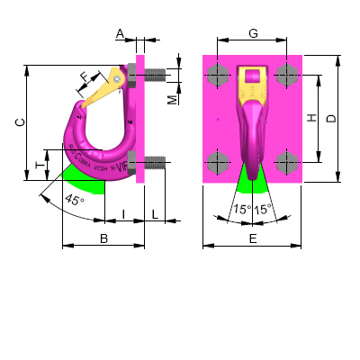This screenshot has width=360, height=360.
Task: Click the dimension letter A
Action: (x=120, y=33)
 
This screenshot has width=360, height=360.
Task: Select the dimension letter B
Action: (x=103, y=238)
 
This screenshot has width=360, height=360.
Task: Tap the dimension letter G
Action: (x=254, y=33)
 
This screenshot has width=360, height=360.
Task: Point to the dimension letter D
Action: (x=331, y=118)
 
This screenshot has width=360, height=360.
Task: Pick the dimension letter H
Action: (x=310, y=118)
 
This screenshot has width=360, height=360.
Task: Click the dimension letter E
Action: (x=253, y=238)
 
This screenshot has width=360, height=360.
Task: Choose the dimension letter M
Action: (x=172, y=99)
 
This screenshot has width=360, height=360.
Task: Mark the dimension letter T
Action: (x=39, y=165)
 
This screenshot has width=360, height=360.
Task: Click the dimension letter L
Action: (x=155, y=213)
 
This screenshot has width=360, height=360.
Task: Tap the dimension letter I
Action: (x=123, y=213)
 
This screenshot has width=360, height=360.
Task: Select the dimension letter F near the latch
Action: (x=84, y=77)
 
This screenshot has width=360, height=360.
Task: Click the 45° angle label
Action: (x=76, y=200)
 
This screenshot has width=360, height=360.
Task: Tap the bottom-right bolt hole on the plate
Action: (x=287, y=162)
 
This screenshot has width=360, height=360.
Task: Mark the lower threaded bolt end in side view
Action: (x=155, y=163)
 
